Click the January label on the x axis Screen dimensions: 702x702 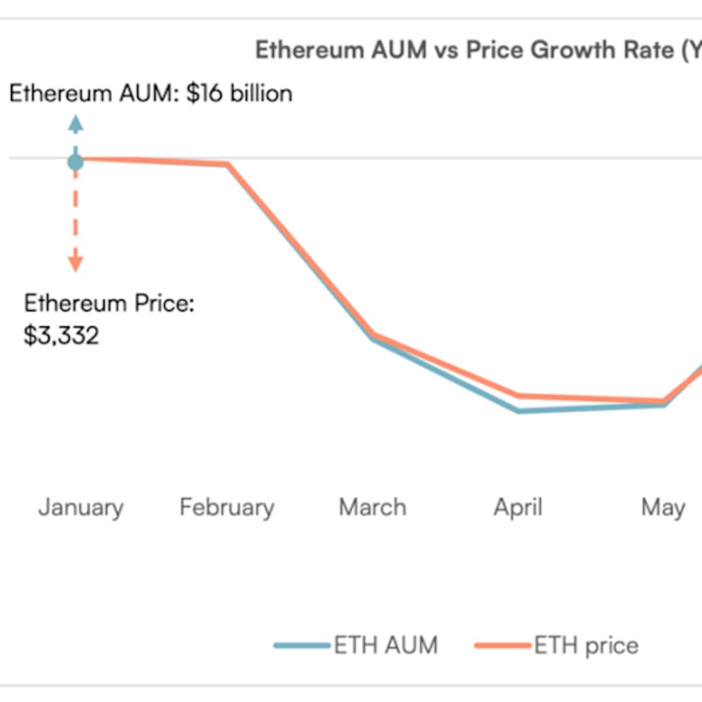[81, 508]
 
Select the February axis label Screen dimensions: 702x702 [227, 508]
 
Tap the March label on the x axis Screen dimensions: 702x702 [372, 508]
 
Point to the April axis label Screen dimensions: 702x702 [518, 508]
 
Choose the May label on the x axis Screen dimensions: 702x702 [663, 508]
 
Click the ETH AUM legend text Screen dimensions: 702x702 [385, 645]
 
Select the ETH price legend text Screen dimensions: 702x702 [586, 645]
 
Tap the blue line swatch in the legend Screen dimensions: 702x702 [302, 646]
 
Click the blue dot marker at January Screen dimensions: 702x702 [75, 161]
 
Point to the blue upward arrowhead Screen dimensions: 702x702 [76, 123]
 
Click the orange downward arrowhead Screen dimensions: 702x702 [76, 263]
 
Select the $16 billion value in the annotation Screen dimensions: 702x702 [239, 94]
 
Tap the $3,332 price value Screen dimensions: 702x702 [61, 336]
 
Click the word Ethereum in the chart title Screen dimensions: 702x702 [309, 50]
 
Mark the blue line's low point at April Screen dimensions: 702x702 [519, 411]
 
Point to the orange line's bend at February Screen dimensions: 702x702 [227, 164]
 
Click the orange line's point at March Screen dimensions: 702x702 [372, 335]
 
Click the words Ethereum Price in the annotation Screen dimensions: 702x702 [109, 304]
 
